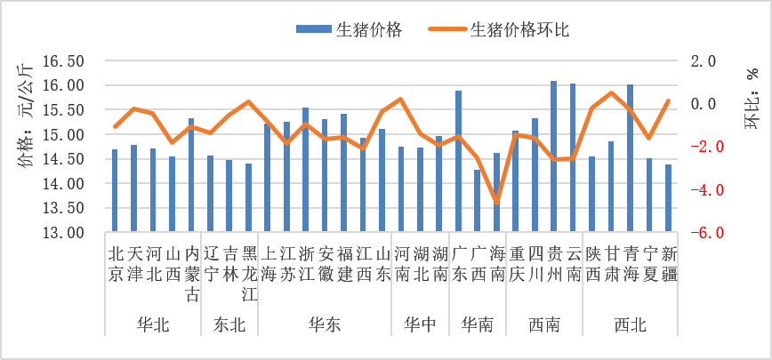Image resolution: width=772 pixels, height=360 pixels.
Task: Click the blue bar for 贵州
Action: click(x=553, y=156)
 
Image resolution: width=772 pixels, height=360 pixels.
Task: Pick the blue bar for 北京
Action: click(x=115, y=191)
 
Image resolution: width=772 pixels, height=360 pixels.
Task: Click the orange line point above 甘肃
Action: click(x=611, y=92)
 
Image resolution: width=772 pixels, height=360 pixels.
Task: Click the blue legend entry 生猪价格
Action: click(x=350, y=30)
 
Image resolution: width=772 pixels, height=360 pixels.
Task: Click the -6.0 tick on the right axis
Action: click(x=703, y=233)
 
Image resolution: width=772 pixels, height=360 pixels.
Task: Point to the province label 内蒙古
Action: click(x=191, y=274)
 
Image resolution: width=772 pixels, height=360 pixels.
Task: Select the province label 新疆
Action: click(x=669, y=264)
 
